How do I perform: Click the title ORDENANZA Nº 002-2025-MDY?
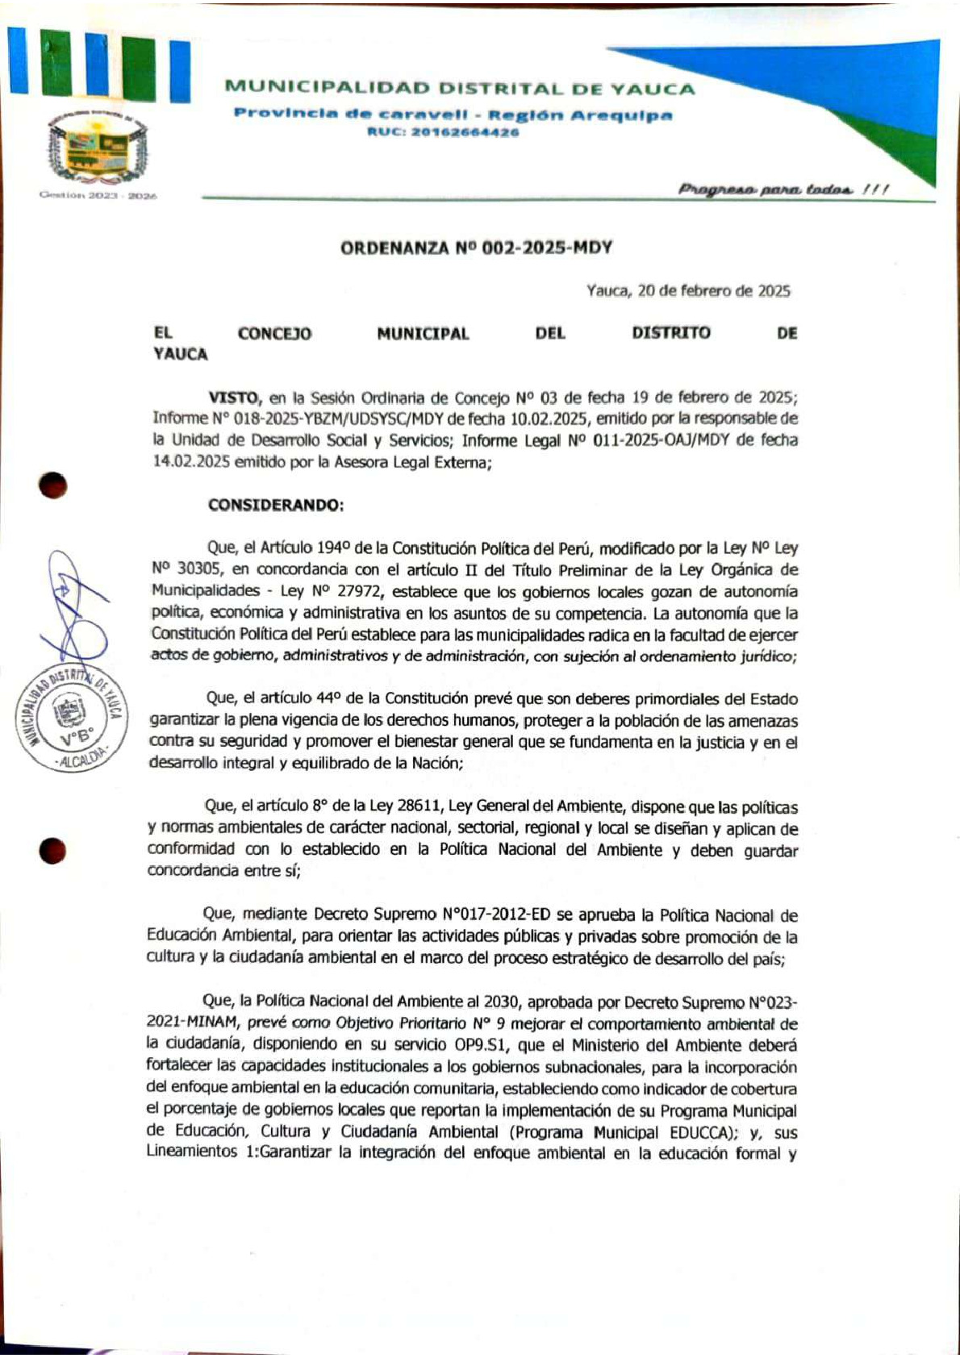(x=476, y=248)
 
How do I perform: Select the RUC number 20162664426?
(x=443, y=132)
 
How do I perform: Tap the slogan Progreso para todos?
(x=782, y=190)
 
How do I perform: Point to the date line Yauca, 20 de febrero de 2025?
(x=688, y=291)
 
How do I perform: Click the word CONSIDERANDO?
(x=275, y=505)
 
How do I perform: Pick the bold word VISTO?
(x=233, y=397)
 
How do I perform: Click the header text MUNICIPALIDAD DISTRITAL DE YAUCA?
(x=459, y=89)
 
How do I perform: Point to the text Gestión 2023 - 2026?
(x=98, y=196)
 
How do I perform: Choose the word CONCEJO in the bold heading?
(x=274, y=333)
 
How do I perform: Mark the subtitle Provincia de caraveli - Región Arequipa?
(x=453, y=114)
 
